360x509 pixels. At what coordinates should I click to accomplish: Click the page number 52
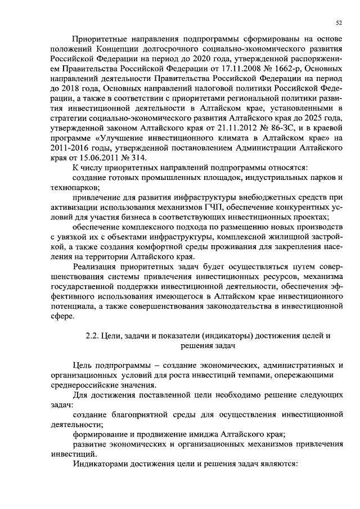[339, 22]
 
